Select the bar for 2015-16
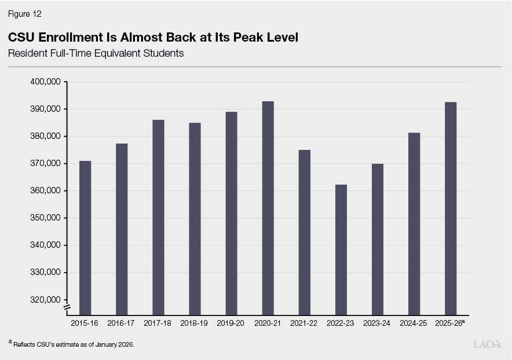coord(85,237)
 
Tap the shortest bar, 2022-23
coord(341,249)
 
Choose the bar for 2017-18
coord(158,216)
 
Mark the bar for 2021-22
coord(304,232)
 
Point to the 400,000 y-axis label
coord(45,82)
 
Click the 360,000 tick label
coord(45,190)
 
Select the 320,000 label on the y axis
coord(45,300)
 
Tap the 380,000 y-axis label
coord(45,136)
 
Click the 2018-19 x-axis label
coord(195,323)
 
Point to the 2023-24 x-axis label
coord(377,323)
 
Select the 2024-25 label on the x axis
coord(414,323)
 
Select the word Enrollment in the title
coord(65,38)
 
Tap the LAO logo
coord(487,344)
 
